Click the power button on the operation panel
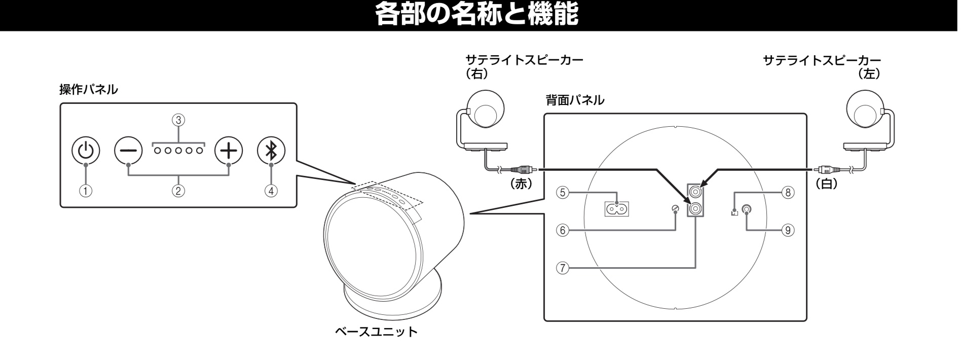[86, 150]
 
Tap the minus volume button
[128, 150]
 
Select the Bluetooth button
[272, 150]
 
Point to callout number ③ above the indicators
[178, 120]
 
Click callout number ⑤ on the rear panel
[561, 192]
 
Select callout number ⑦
[561, 267]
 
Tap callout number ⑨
[787, 230]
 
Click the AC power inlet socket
[616, 208]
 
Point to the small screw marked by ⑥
[675, 209]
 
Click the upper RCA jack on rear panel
[695, 192]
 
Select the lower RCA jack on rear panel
[695, 208]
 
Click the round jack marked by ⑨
[746, 209]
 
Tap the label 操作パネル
[89, 90]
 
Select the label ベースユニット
[376, 332]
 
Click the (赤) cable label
[521, 185]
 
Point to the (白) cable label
[826, 185]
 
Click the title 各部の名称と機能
[476, 15]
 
